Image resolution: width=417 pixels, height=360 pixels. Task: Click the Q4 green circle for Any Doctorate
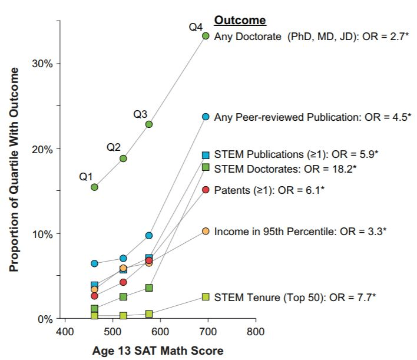(x=206, y=36)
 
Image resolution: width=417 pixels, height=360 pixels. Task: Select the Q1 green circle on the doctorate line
(x=94, y=187)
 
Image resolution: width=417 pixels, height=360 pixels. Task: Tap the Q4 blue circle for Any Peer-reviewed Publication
(x=206, y=117)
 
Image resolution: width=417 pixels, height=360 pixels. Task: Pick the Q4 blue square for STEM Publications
(x=206, y=155)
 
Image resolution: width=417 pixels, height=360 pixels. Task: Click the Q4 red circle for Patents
(x=206, y=190)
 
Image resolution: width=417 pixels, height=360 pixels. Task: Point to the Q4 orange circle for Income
(x=206, y=231)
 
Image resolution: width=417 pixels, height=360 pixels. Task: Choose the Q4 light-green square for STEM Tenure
(x=206, y=297)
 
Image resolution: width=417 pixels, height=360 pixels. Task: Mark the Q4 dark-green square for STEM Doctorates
(x=206, y=167)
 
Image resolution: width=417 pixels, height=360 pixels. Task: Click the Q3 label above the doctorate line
(x=140, y=114)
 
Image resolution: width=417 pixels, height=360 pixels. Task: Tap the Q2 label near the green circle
(x=114, y=147)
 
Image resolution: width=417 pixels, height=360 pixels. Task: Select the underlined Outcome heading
(x=240, y=21)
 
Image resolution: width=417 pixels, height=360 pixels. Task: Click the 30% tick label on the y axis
(x=42, y=64)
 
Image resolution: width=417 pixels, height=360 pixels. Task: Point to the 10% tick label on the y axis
(x=42, y=234)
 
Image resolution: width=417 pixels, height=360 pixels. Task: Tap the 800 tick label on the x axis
(x=255, y=332)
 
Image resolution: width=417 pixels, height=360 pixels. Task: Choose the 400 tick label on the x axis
(x=65, y=332)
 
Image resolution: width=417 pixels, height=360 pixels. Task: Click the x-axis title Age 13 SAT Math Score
(x=158, y=351)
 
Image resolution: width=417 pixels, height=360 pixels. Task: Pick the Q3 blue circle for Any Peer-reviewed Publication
(x=149, y=236)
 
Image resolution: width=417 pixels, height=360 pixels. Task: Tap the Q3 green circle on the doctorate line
(x=149, y=124)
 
